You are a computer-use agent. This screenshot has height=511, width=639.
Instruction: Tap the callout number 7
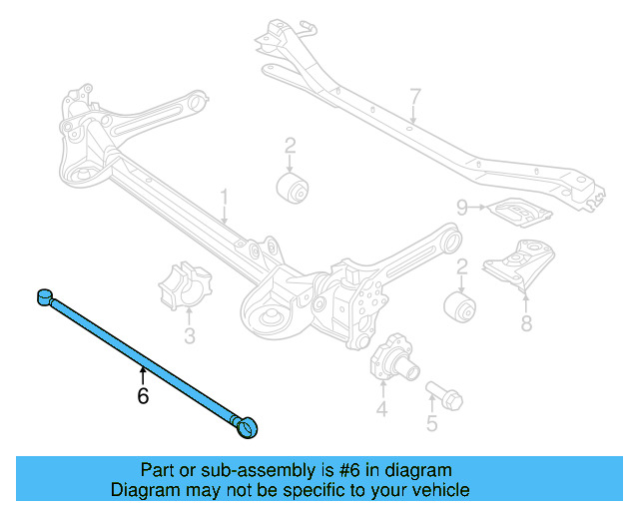point(415,98)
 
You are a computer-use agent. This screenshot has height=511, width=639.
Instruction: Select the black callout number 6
point(143,395)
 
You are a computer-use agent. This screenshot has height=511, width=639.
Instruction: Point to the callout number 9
point(462,208)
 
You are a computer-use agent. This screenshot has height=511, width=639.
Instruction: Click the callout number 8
point(526,322)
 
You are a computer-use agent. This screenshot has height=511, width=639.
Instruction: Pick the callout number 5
point(431,423)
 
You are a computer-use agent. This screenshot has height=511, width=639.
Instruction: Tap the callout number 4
point(381,408)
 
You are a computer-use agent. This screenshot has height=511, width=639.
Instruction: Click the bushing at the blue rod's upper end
point(45,295)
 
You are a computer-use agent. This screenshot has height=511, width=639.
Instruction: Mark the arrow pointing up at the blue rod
point(143,372)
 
